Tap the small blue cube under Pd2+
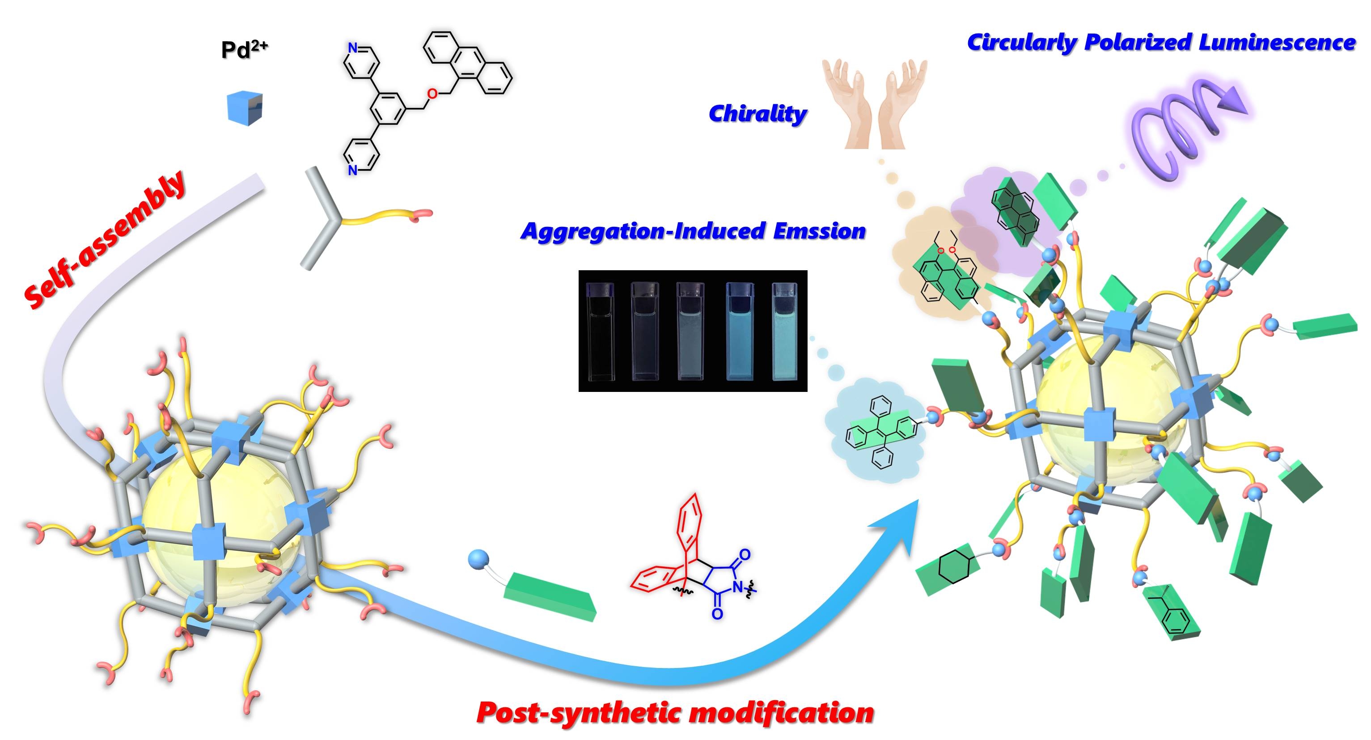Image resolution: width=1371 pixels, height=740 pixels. click(245, 108)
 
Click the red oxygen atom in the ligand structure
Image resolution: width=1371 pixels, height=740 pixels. click(433, 95)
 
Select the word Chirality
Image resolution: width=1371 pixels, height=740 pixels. click(757, 113)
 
